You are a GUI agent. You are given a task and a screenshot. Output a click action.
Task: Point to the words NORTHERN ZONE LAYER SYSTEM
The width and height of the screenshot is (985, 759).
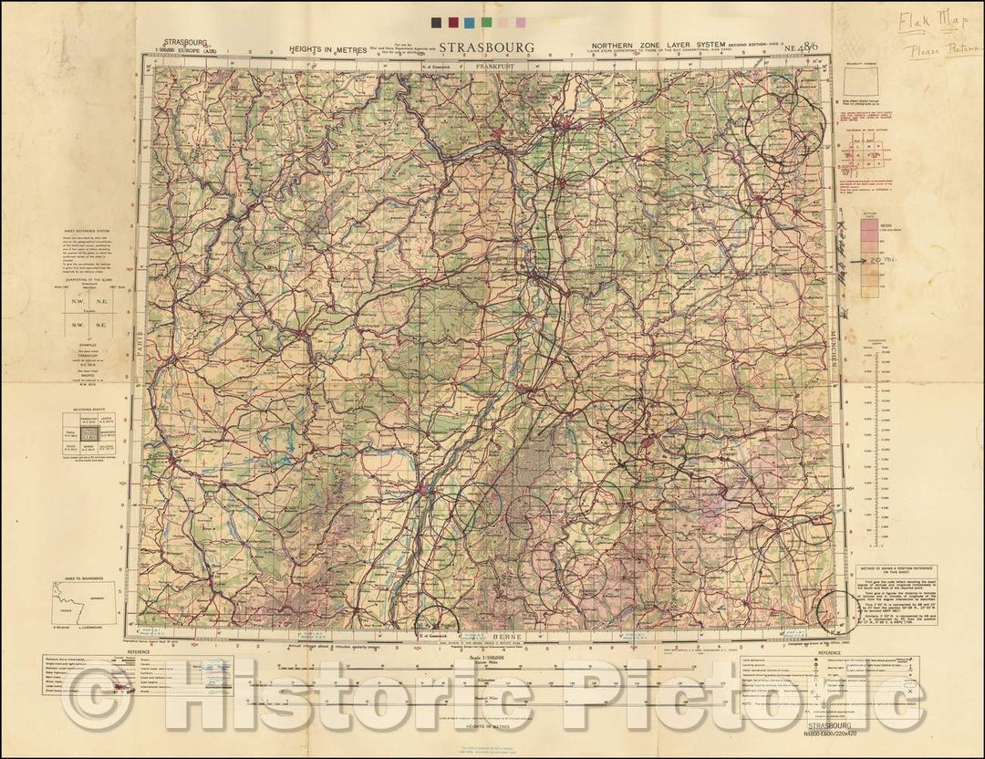[647, 44]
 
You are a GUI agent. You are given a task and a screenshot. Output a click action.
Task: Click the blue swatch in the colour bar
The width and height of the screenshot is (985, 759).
[468, 21]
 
